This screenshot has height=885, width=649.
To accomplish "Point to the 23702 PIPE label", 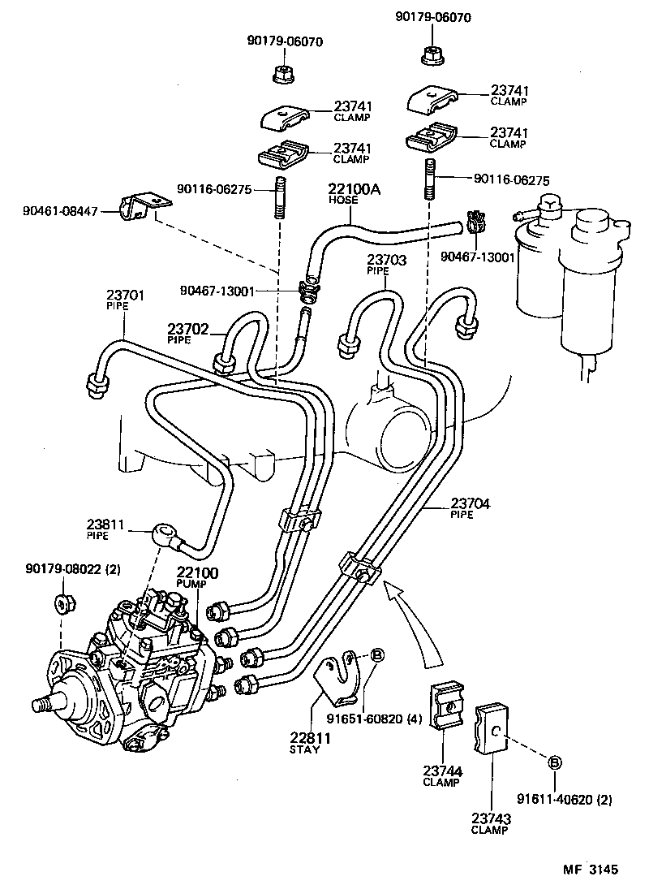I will click(189, 333).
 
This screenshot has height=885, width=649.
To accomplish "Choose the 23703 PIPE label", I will click(386, 264).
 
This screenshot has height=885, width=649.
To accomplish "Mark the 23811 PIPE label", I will click(106, 529).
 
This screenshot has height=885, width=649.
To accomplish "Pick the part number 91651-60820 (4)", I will click(374, 718).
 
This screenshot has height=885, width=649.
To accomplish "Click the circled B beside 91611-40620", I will click(556, 762).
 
